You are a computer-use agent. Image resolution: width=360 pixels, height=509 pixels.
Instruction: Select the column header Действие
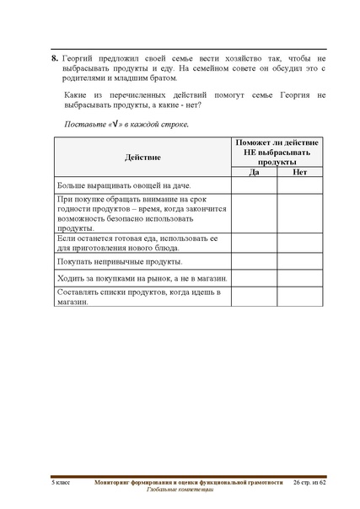tap(142, 158)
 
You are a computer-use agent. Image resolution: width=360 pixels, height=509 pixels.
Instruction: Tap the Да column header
tap(254, 172)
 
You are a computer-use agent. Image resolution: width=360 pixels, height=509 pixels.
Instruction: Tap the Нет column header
tap(299, 172)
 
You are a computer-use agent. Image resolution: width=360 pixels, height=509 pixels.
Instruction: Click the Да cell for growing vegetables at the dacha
tap(254, 185)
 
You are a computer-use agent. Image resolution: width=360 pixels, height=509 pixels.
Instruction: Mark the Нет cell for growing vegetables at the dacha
tap(299, 185)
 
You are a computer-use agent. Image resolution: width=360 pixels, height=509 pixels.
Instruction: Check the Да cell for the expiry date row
tap(254, 212)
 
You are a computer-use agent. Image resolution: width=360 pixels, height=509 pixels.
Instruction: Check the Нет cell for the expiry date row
tap(299, 212)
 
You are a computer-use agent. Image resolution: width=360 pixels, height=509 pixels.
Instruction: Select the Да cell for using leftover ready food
tap(254, 244)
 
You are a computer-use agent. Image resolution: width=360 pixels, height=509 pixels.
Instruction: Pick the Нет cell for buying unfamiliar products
tap(299, 262)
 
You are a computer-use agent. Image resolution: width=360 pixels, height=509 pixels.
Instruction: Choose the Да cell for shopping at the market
tap(254, 278)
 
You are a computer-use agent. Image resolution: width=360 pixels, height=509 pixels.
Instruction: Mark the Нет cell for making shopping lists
tap(299, 297)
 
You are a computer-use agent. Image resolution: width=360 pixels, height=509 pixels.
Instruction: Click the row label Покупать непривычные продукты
tap(112, 262)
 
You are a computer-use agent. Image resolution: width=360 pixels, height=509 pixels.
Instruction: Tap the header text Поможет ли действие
tap(277, 146)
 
